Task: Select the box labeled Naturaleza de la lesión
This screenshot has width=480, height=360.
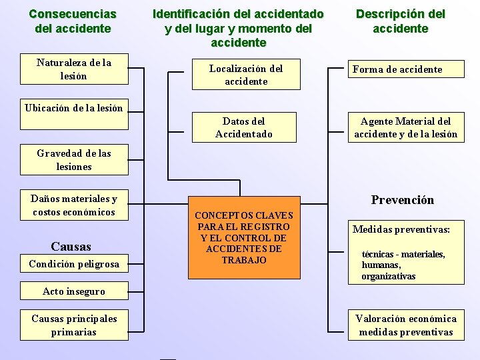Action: [x=74, y=70]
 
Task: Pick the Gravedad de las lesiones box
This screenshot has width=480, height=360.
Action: [x=74, y=160]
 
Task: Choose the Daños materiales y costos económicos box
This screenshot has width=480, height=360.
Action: [x=74, y=205]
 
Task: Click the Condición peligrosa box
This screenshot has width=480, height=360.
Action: [x=74, y=264]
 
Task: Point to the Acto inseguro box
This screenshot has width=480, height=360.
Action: [x=73, y=291]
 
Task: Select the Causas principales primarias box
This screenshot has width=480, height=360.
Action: [x=74, y=325]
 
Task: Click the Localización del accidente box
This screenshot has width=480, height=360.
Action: [x=246, y=75]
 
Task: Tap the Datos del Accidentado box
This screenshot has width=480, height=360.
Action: [x=243, y=127]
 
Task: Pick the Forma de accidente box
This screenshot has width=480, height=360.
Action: [x=406, y=69]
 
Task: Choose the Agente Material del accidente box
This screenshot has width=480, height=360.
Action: [x=406, y=127]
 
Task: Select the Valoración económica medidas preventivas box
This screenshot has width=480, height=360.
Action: [x=406, y=325]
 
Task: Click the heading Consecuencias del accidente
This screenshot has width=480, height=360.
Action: [x=73, y=21]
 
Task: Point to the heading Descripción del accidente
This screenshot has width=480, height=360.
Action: [x=400, y=21]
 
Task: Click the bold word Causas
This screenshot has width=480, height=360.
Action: [x=71, y=246]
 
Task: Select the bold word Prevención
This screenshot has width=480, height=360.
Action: [x=402, y=200]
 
